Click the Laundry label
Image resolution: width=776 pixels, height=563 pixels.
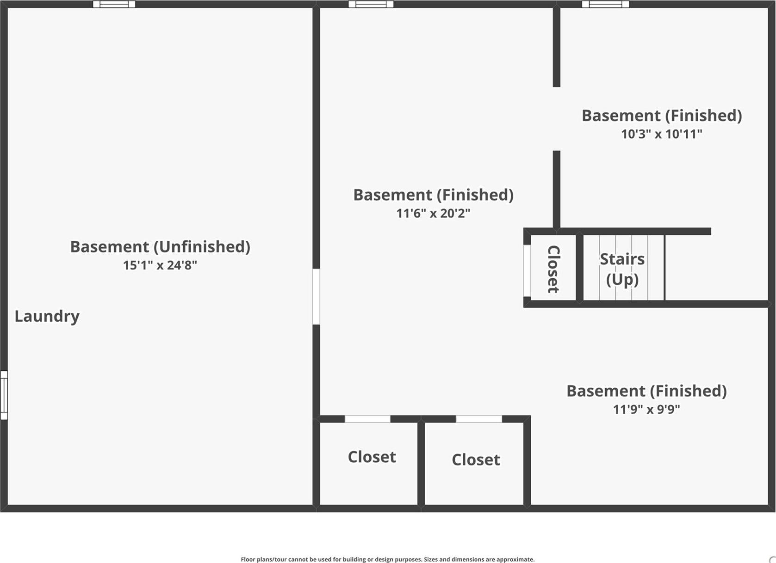pyautogui.click(x=47, y=316)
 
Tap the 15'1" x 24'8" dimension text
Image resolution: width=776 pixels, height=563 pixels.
pyautogui.click(x=160, y=265)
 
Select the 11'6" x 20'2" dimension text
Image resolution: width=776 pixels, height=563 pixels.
pyautogui.click(x=433, y=213)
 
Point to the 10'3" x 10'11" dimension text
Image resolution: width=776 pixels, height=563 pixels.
pyautogui.click(x=661, y=134)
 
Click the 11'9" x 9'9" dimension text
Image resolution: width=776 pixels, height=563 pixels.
pyautogui.click(x=646, y=410)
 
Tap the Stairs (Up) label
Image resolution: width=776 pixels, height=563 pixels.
pyautogui.click(x=622, y=269)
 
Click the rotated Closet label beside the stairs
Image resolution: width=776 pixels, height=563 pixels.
pyautogui.click(x=553, y=269)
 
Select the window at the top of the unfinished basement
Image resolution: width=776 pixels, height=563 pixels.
pyautogui.click(x=114, y=4)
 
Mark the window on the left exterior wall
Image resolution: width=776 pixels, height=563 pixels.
pyautogui.click(x=4, y=395)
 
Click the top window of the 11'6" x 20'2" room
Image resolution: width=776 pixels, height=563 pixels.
pyautogui.click(x=371, y=4)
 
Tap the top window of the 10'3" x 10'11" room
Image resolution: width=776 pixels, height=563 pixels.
pyautogui.click(x=605, y=4)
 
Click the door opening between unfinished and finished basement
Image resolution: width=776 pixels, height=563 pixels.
pyautogui.click(x=316, y=297)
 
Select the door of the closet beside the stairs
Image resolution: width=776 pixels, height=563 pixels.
pyautogui.click(x=527, y=270)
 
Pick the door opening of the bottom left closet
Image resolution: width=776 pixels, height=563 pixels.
pyautogui.click(x=367, y=419)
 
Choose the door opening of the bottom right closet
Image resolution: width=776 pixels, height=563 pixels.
pyautogui.click(x=479, y=419)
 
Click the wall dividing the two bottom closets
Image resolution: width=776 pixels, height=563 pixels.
pyautogui.click(x=421, y=462)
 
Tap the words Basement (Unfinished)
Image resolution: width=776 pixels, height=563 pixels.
pyautogui.click(x=160, y=246)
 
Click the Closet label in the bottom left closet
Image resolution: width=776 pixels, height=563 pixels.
pyautogui.click(x=372, y=457)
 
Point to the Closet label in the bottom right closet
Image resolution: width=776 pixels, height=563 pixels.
pyautogui.click(x=476, y=459)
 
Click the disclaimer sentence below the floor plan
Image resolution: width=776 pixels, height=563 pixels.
pyautogui.click(x=387, y=559)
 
